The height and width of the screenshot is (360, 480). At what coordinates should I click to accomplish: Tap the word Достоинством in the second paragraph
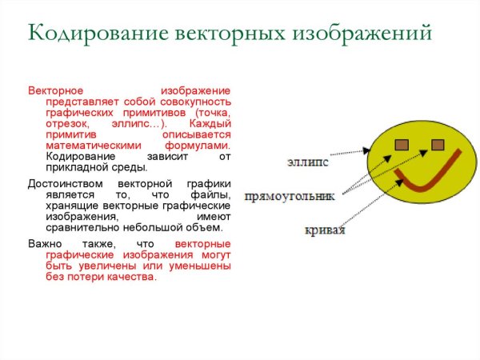[62, 184]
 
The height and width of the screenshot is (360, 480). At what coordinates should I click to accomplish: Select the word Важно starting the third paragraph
[43, 243]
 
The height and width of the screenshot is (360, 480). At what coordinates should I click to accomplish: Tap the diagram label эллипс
[307, 162]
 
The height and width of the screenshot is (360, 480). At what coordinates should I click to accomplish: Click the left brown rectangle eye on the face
[402, 144]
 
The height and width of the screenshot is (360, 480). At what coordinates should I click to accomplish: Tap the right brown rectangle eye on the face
[438, 144]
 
